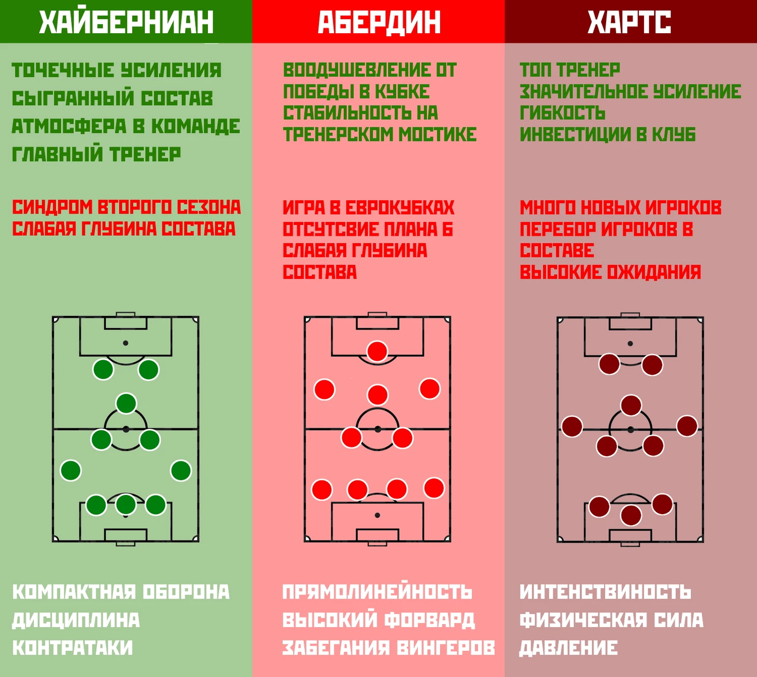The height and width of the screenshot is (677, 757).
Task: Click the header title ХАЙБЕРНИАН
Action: coord(127,22)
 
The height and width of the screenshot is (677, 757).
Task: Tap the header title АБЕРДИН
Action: coord(379,22)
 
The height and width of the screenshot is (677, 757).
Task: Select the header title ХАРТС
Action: coord(629,22)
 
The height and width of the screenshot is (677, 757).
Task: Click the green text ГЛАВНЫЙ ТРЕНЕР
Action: coord(96,154)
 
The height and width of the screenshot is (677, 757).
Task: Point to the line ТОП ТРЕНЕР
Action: coord(570,70)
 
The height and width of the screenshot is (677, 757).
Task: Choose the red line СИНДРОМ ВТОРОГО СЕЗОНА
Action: coord(127,207)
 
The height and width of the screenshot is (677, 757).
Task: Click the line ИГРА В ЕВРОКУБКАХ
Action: coord(369,207)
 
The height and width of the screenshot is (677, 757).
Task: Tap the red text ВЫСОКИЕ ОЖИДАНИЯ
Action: coord(610,272)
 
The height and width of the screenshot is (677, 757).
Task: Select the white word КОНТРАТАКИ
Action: coord(73,648)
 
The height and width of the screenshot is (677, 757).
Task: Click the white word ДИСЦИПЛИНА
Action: coord(76,620)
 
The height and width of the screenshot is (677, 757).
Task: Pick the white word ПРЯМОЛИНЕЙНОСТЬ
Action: coord(377,592)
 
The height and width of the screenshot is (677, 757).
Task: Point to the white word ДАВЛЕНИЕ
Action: coord(568,648)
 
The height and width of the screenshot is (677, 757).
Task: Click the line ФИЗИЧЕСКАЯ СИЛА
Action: coord(611,620)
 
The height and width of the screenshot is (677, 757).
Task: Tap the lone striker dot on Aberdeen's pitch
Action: coord(377,351)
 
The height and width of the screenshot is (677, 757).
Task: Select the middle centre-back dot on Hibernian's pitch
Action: coord(126,505)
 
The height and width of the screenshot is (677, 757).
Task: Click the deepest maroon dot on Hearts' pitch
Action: coord(631,515)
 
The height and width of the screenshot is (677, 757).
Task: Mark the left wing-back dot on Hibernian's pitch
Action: coord(71,470)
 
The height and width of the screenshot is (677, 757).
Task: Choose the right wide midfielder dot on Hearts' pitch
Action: coord(687,426)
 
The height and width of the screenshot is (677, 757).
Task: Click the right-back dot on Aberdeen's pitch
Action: coord(434,488)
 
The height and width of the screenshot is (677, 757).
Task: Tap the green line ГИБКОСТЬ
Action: coord(563,113)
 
